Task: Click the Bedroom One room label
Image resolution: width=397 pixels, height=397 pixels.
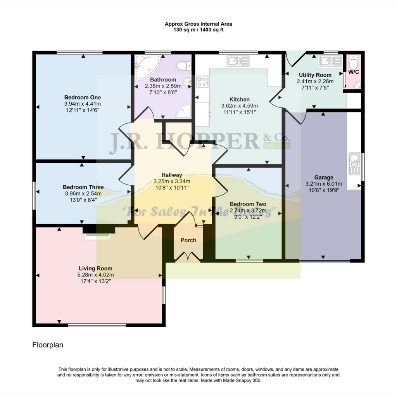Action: pyautogui.click(x=83, y=97)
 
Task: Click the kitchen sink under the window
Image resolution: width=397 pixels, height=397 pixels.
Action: pyautogui.click(x=238, y=60)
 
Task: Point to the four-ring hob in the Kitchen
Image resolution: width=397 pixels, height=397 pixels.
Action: pyautogui.click(x=202, y=81)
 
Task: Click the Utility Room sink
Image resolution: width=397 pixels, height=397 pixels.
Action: pyautogui.click(x=330, y=61)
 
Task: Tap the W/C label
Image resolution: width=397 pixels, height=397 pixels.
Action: pyautogui.click(x=353, y=72)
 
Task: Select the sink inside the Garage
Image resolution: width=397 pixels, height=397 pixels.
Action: pyautogui.click(x=354, y=163)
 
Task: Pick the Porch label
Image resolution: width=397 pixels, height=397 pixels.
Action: pyautogui.click(x=188, y=240)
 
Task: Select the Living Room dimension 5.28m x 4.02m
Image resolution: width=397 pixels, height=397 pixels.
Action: pyautogui.click(x=95, y=275)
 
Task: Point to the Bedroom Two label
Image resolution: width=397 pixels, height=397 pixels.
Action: pyautogui.click(x=248, y=204)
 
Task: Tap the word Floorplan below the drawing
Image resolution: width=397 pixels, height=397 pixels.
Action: pyautogui.click(x=47, y=344)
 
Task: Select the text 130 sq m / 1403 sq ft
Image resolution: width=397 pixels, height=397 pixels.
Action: pyautogui.click(x=198, y=30)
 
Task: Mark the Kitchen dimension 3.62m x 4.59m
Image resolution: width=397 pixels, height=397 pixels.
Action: pyautogui.click(x=239, y=106)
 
